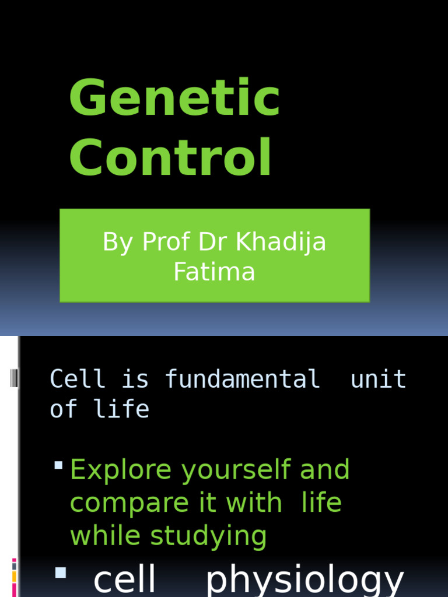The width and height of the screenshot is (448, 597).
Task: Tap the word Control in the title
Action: click(171, 157)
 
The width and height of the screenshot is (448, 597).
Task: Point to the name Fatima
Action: click(214, 272)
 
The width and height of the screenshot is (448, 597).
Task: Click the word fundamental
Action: click(242, 379)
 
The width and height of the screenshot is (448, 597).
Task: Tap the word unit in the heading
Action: click(378, 379)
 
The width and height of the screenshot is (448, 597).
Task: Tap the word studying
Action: click(208, 536)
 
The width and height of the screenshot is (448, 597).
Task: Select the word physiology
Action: click(304, 580)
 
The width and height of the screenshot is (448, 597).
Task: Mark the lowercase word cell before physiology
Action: click(125, 580)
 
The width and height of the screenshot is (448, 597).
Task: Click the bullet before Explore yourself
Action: click(58, 465)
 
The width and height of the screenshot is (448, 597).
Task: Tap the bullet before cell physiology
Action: click(60, 573)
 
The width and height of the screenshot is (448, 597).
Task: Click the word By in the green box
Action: click(117, 241)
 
